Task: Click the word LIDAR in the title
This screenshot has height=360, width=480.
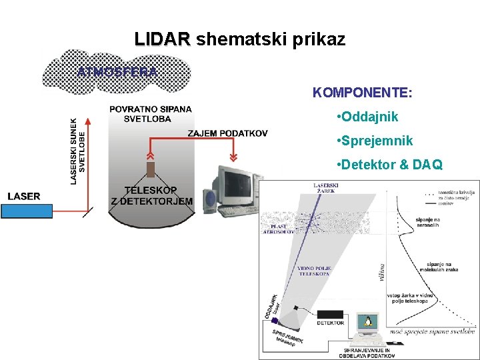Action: point(162,39)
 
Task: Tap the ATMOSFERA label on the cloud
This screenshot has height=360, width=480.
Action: point(117,71)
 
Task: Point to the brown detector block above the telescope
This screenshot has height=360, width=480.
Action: point(151,169)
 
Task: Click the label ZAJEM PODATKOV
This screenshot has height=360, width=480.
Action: point(227,133)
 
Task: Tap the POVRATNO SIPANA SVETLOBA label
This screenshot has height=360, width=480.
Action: point(150,113)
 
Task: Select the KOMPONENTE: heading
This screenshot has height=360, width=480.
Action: point(362,92)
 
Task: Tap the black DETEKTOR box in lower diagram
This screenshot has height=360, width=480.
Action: point(330,315)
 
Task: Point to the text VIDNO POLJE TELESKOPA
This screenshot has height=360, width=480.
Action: point(314,271)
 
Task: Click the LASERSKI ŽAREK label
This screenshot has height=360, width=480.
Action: point(326,187)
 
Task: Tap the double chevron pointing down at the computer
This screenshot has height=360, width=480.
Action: point(233,157)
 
